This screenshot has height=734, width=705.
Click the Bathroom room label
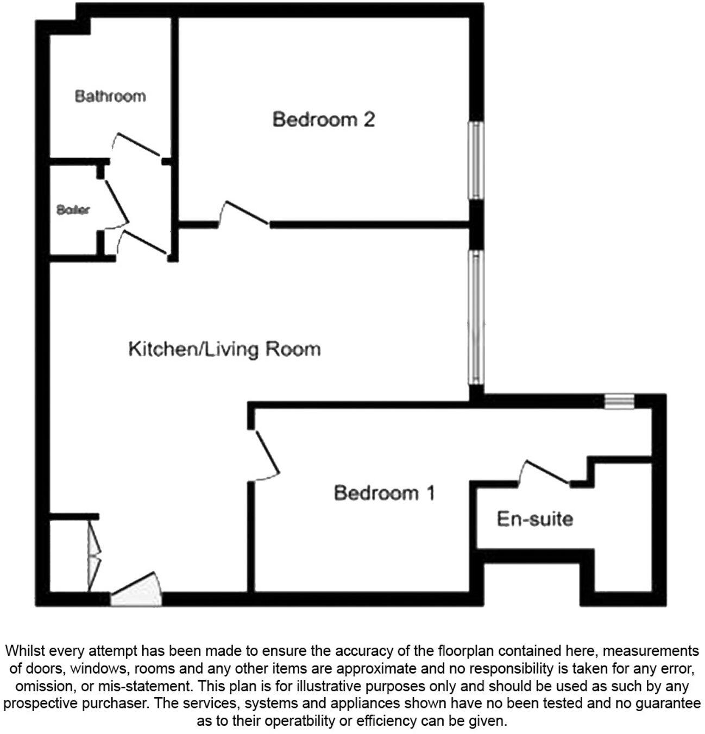click(x=110, y=97)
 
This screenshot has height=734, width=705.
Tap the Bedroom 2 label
click(x=324, y=119)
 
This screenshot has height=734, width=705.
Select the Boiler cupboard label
click(x=73, y=210)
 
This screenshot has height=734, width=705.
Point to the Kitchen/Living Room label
click(x=224, y=349)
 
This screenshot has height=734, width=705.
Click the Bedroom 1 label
click(x=384, y=493)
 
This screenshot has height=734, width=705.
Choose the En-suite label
click(x=535, y=519)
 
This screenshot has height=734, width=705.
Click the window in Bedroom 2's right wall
click(x=476, y=160)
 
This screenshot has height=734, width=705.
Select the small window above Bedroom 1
click(x=615, y=401)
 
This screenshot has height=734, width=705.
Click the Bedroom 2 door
click(x=244, y=213)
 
